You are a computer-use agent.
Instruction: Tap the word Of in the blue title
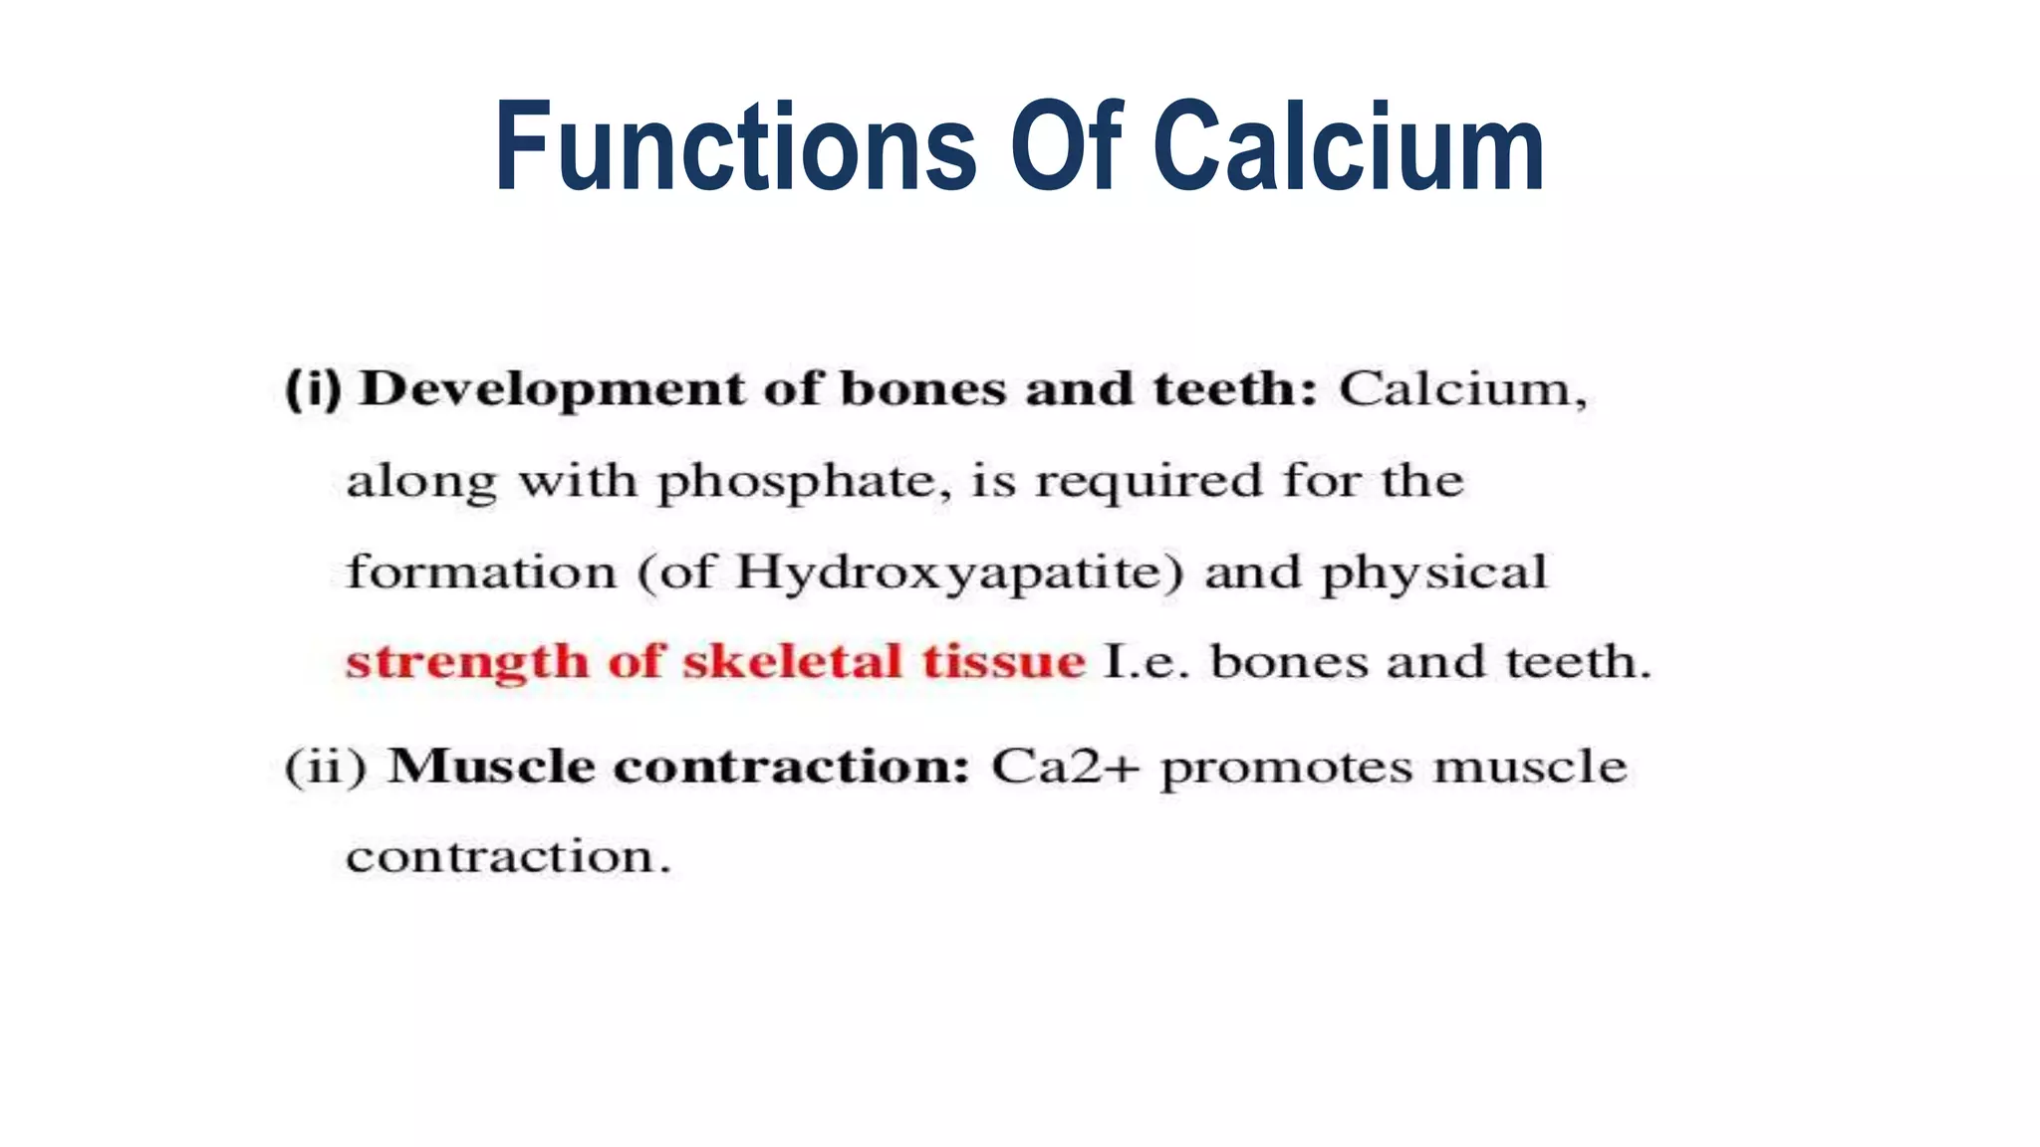coord(1066,146)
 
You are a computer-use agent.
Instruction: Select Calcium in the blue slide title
coord(1349,146)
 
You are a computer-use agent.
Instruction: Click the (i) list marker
coord(313,388)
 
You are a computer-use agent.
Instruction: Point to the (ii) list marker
coord(326,767)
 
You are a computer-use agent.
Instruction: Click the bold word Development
coord(552,388)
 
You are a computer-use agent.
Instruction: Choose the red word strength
coord(467,662)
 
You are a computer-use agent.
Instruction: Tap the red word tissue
coord(1003,661)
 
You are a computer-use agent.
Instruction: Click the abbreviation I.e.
coord(1147,662)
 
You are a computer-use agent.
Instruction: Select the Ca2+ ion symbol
coord(1064,767)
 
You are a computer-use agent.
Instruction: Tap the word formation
coord(481,573)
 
